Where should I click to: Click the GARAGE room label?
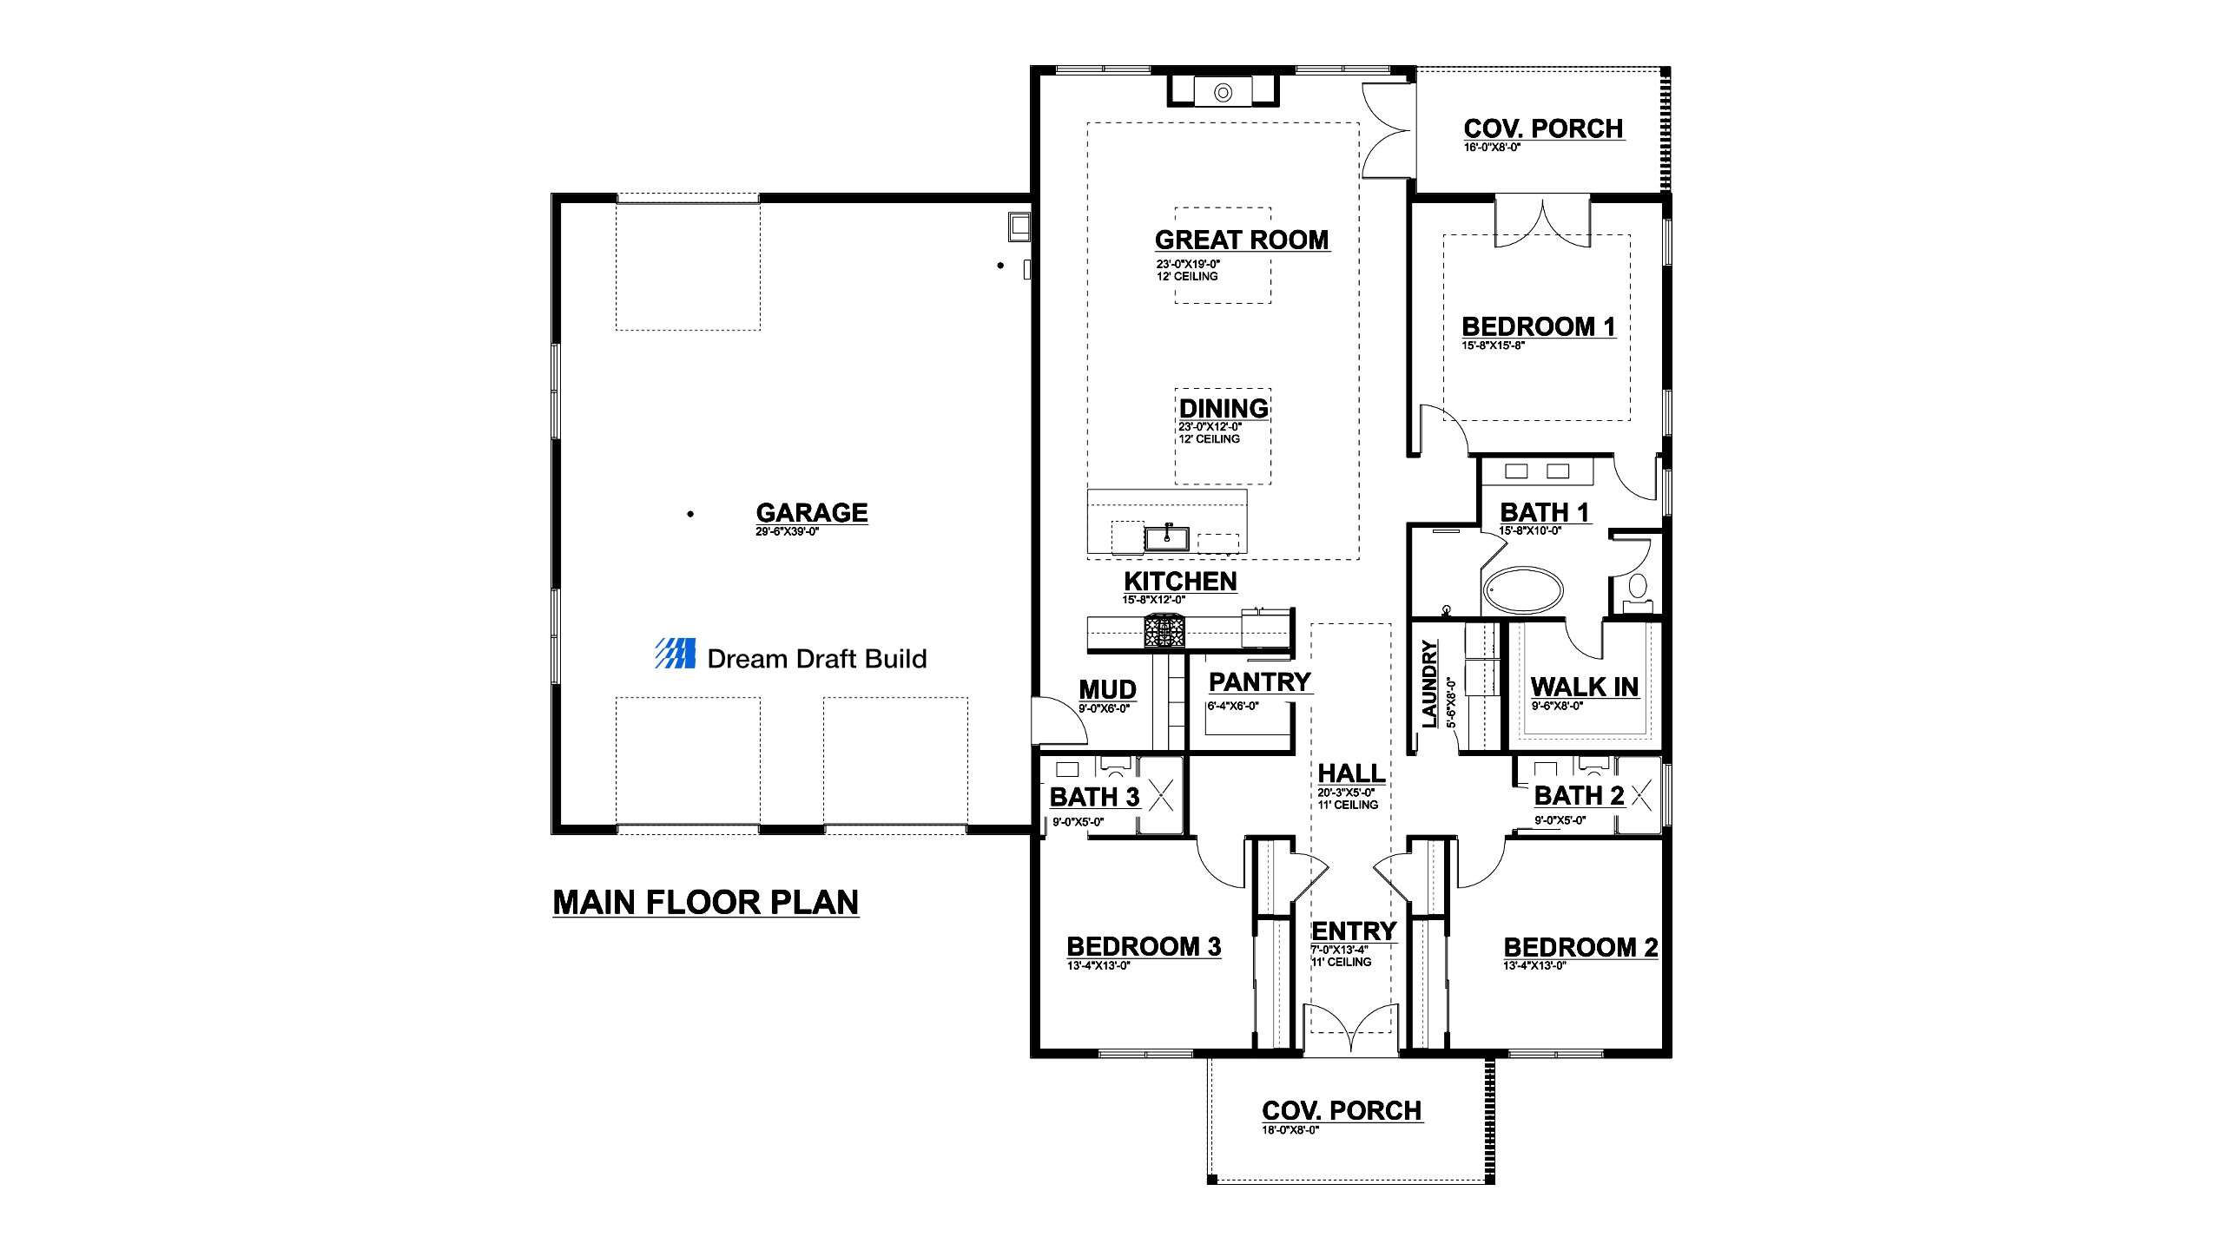click(812, 512)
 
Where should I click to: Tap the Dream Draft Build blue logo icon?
click(675, 654)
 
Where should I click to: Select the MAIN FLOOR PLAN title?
click(706, 903)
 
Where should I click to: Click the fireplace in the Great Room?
click(1223, 91)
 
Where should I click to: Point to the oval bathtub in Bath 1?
click(1522, 590)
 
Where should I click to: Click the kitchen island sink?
click(1167, 537)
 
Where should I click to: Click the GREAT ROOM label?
click(1242, 240)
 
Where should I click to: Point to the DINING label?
click(1224, 408)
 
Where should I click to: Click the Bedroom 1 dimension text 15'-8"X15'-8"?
click(1493, 345)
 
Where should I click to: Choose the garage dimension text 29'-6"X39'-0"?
click(787, 531)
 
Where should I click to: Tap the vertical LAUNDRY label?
click(1429, 683)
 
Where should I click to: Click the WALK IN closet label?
click(1584, 687)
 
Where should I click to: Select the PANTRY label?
click(1260, 682)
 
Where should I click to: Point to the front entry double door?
click(1352, 1029)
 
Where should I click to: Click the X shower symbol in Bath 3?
click(1161, 795)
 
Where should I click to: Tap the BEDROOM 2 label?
click(1580, 947)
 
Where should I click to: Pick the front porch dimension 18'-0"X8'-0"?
click(1290, 1130)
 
